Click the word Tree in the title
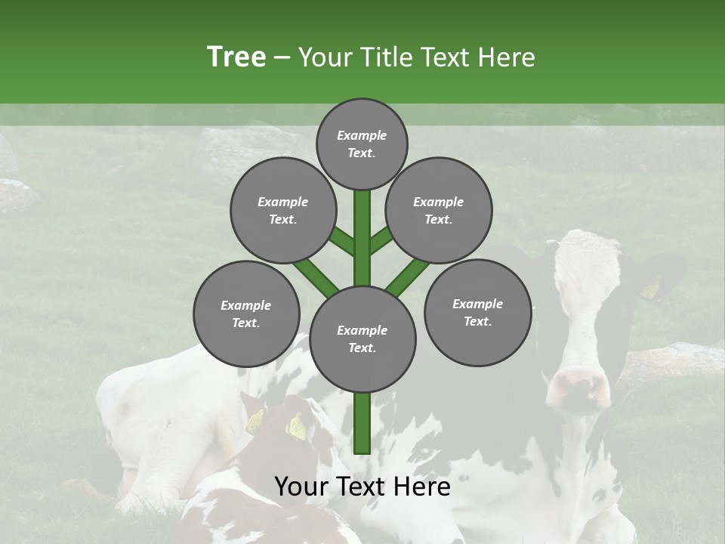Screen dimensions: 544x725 (x=236, y=57)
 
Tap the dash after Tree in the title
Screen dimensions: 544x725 (x=282, y=57)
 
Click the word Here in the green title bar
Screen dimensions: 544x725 (x=509, y=57)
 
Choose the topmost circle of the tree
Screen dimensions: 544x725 (x=362, y=144)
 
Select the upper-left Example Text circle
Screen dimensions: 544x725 (x=283, y=210)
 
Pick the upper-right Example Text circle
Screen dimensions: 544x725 (x=439, y=210)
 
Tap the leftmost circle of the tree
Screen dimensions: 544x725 (x=246, y=314)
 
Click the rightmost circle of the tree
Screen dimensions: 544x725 (x=477, y=312)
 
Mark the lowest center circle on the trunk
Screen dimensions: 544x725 (x=362, y=338)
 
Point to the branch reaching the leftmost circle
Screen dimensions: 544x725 (x=316, y=276)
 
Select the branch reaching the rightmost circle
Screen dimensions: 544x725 (x=409, y=277)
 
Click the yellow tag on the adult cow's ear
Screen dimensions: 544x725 (x=649, y=289)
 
